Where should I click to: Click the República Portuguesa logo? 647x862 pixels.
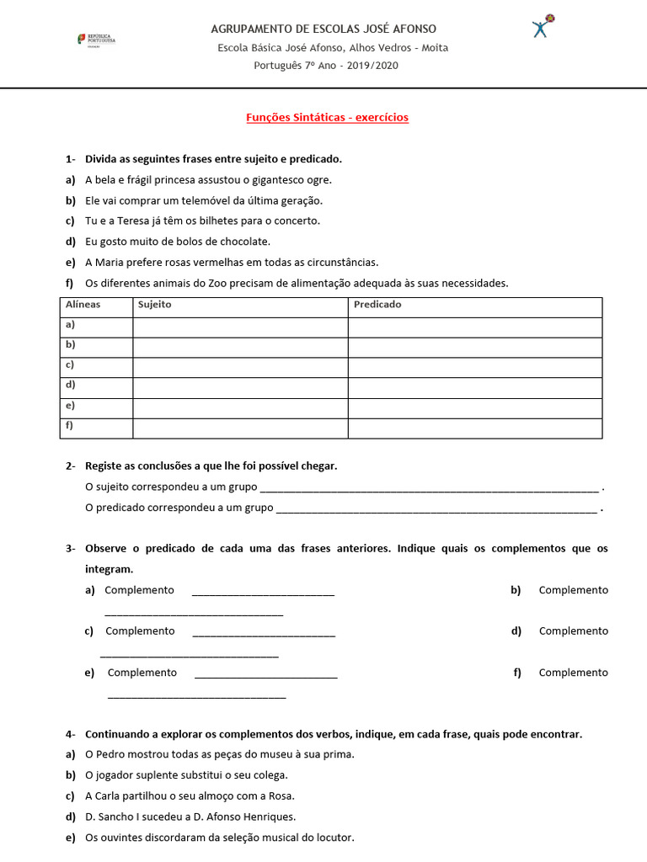(x=96, y=40)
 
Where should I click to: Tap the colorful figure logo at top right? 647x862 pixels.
(x=543, y=26)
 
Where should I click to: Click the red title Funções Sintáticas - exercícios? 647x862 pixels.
(x=327, y=118)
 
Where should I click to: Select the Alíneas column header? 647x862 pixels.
(x=83, y=305)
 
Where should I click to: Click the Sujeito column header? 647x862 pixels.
(x=154, y=305)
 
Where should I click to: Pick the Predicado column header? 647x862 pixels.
(x=377, y=305)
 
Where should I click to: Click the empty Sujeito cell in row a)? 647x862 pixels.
(x=240, y=326)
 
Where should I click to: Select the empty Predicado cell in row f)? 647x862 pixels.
(x=475, y=428)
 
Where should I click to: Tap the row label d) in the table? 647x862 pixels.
(x=70, y=385)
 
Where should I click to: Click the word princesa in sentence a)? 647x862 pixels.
(x=210, y=179)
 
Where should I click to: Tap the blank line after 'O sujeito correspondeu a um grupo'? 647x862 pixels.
(x=429, y=487)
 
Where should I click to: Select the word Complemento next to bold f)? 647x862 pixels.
(x=573, y=673)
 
